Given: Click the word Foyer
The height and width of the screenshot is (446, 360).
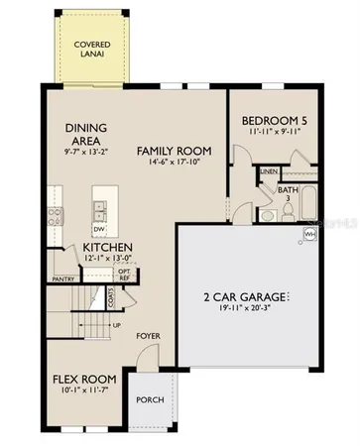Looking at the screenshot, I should point(149,336).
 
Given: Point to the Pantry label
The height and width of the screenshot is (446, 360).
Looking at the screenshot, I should point(64,279).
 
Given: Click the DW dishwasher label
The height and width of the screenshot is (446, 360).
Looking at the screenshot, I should point(99,227).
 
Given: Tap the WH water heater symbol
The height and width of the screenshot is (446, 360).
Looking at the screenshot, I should point(308,234).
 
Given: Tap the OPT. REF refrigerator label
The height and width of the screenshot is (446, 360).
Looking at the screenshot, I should point(125,273).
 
